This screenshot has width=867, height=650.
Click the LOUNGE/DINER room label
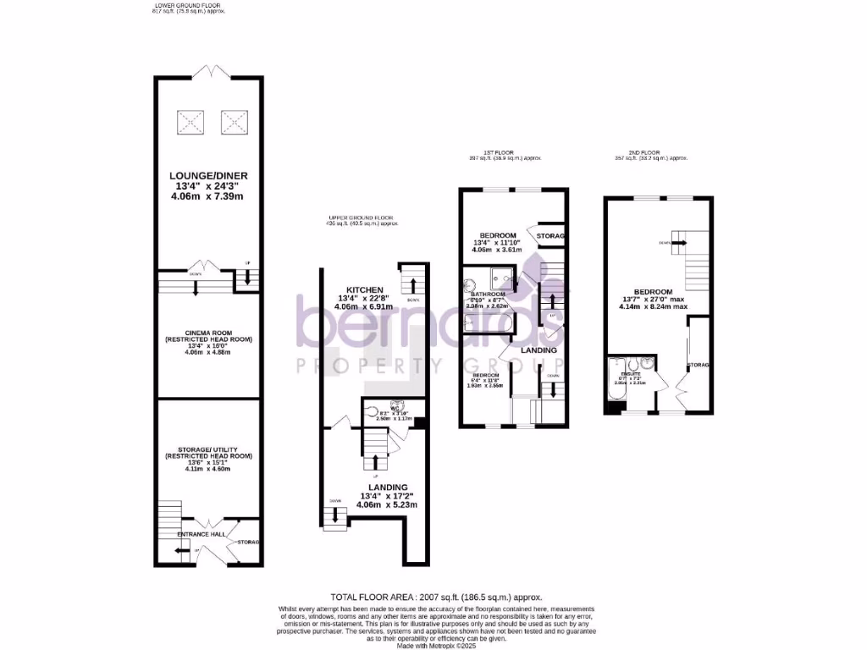tap(207, 176)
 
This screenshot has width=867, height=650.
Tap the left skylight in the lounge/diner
tap(191, 124)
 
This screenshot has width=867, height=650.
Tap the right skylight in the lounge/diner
tap(234, 124)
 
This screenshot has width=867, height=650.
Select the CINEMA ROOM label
tap(207, 333)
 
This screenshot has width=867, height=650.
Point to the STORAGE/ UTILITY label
tap(207, 449)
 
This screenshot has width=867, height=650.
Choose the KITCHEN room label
tap(364, 289)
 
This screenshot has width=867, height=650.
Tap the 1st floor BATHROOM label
tap(488, 295)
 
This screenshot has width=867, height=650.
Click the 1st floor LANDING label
tap(538, 350)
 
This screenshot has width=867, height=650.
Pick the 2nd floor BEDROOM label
tap(647, 291)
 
